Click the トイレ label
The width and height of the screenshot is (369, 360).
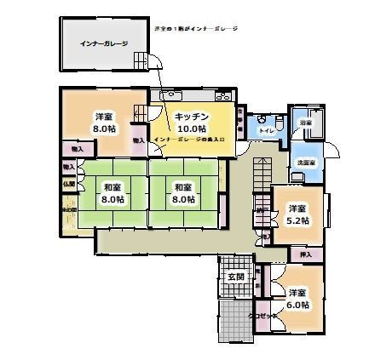266,130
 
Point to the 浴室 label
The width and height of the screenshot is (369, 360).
305,123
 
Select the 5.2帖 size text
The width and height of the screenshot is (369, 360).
297,220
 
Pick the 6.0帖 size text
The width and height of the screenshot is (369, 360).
297,304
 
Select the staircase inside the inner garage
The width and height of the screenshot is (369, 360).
140,60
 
